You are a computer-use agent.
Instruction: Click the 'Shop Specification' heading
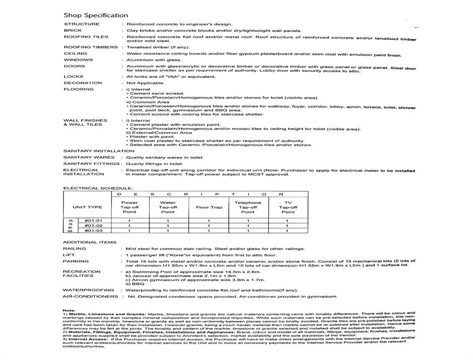(x=96, y=15)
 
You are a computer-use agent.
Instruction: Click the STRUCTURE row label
(x=82, y=24)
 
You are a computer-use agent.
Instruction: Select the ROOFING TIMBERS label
(x=91, y=47)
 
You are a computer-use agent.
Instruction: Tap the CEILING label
(x=75, y=53)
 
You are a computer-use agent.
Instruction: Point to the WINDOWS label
(x=78, y=60)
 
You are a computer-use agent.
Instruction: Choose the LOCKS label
(x=74, y=77)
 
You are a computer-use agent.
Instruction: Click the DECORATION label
(x=83, y=83)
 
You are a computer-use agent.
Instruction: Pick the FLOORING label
(x=79, y=89)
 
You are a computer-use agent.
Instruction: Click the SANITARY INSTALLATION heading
(x=99, y=151)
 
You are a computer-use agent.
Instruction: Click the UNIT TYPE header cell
(x=87, y=207)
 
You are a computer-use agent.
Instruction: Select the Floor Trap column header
(x=209, y=207)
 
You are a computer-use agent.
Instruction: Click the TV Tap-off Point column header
(x=287, y=207)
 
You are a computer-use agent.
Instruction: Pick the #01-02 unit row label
(x=93, y=225)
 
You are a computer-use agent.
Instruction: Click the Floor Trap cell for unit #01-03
(x=209, y=231)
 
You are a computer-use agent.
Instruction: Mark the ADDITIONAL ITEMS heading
(x=83, y=242)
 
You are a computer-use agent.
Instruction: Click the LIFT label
(x=69, y=255)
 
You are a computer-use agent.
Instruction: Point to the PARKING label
(x=76, y=261)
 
